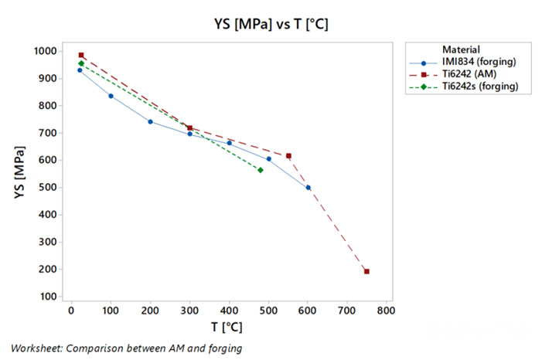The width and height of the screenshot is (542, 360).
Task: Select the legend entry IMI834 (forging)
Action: (x=479, y=62)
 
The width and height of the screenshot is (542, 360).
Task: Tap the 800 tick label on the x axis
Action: (x=386, y=311)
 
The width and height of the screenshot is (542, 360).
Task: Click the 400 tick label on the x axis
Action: (x=229, y=311)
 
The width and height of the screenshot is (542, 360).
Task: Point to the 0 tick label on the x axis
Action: (x=71, y=311)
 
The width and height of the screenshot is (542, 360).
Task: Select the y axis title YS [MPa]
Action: (x=20, y=174)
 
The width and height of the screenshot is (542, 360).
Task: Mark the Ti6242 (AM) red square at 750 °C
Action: (x=366, y=271)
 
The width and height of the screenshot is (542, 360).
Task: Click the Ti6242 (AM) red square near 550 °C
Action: (x=288, y=156)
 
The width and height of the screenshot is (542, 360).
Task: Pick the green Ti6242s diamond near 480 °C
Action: (x=261, y=170)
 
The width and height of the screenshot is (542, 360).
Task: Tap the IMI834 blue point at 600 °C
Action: (x=308, y=188)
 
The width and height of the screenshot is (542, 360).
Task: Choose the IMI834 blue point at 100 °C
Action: (x=111, y=96)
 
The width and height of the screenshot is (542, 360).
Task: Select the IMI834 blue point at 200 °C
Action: (x=150, y=121)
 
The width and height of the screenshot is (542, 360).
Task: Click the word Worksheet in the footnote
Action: (x=35, y=348)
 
